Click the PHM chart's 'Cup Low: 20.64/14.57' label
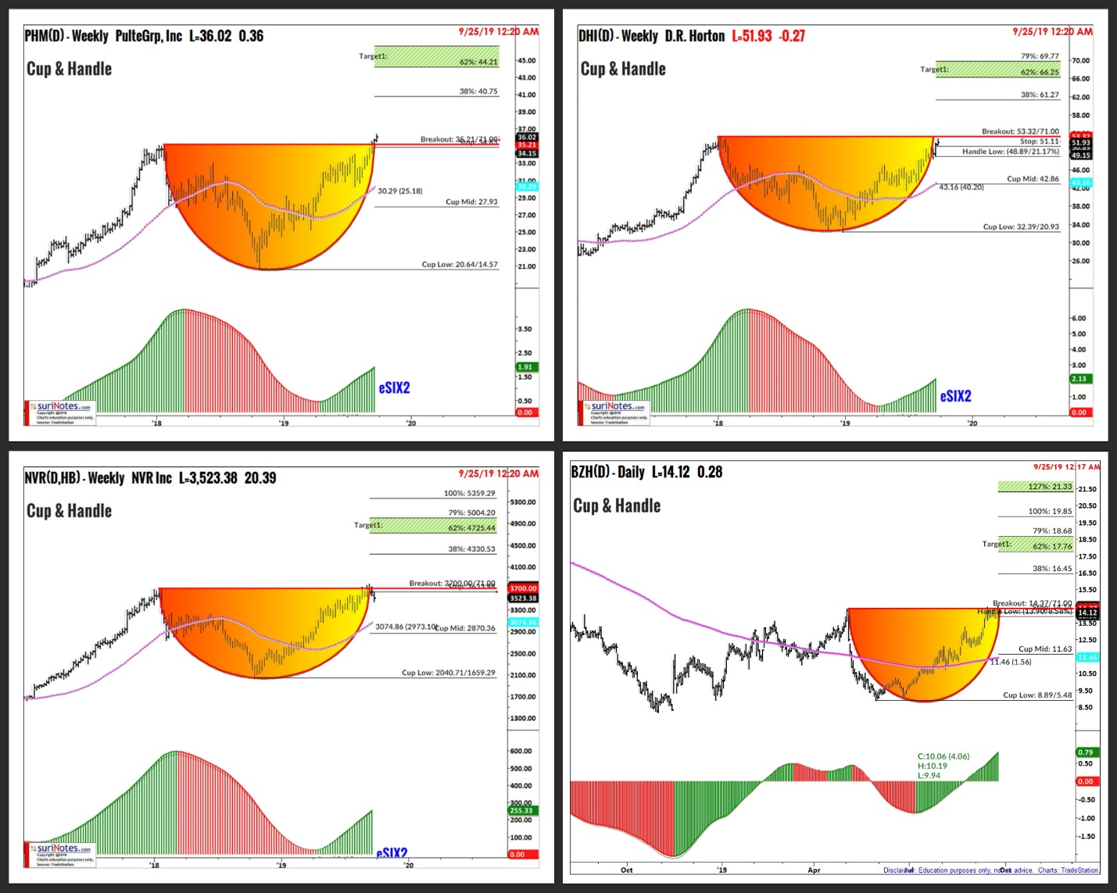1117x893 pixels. tap(460, 264)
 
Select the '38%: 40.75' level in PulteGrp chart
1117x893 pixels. tap(478, 91)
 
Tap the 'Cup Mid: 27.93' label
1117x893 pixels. tap(471, 202)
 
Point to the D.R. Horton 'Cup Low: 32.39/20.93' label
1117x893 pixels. tap(1021, 227)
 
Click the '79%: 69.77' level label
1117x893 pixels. tap(1040, 56)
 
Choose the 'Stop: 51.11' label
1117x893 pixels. tap(1040, 141)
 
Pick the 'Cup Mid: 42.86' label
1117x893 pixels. tap(1033, 179)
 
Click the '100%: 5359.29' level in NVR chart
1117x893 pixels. tap(469, 493)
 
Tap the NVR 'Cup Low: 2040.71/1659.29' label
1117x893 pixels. tap(448, 672)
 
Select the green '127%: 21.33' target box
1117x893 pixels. tap(1035, 487)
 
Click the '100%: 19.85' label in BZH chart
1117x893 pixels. tap(1050, 511)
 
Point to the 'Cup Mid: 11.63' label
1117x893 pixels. tap(1045, 648)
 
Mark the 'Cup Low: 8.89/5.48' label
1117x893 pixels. tap(1037, 695)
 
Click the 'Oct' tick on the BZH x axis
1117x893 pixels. tap(627, 870)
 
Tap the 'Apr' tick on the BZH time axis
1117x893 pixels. tap(814, 870)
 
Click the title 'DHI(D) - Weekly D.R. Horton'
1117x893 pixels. tap(652, 36)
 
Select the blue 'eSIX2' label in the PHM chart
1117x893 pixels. tap(394, 388)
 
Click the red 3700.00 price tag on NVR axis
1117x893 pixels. tap(523, 588)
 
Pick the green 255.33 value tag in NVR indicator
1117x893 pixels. tap(521, 810)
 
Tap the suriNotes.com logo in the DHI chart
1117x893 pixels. tap(618, 406)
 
